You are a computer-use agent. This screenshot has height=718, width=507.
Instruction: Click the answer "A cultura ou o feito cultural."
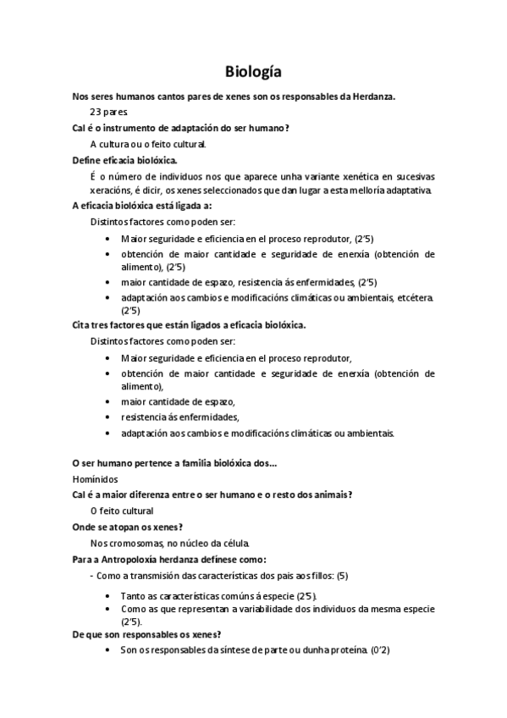pyautogui.click(x=148, y=143)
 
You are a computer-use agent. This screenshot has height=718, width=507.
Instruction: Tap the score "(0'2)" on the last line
pyautogui.click(x=378, y=650)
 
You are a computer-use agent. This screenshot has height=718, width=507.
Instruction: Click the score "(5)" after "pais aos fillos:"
pyautogui.click(x=342, y=575)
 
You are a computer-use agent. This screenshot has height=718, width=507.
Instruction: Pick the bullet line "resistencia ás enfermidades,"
pyautogui.click(x=180, y=417)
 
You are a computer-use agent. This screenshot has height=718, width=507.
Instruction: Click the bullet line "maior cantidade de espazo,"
pyautogui.click(x=178, y=400)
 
